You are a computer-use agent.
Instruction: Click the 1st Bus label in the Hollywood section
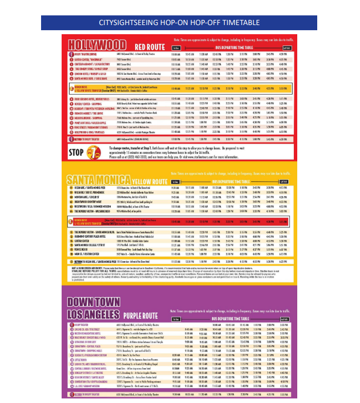[176, 48]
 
